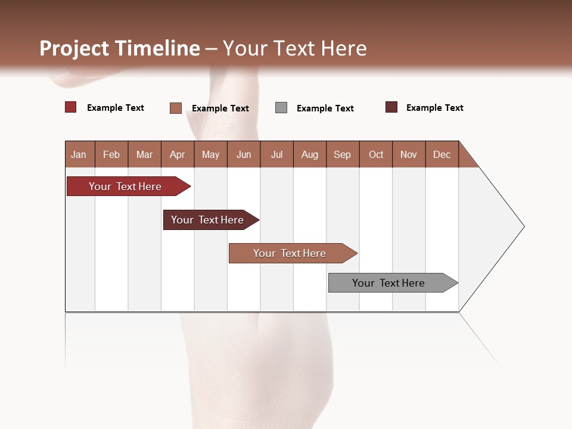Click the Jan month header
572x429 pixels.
(x=79, y=154)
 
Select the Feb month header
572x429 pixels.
(x=111, y=154)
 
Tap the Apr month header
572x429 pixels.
(x=177, y=154)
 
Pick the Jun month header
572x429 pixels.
(x=244, y=154)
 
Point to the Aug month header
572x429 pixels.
(x=309, y=154)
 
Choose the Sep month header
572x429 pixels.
(x=342, y=154)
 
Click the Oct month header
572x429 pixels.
(x=376, y=154)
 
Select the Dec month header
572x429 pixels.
(x=442, y=154)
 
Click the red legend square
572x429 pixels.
(x=71, y=107)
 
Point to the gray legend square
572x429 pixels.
(x=281, y=108)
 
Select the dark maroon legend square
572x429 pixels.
(x=391, y=107)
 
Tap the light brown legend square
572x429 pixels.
(x=176, y=108)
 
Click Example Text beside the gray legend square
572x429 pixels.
(x=325, y=108)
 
